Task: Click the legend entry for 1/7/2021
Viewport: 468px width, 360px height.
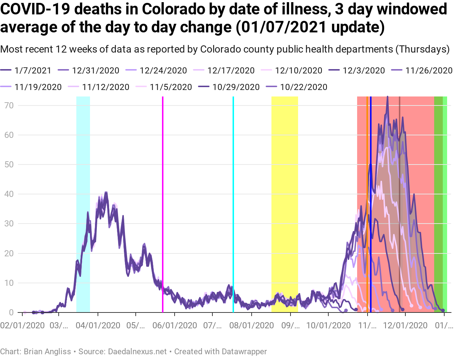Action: pos(33,71)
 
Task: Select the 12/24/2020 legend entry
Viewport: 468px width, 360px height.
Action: pos(163,71)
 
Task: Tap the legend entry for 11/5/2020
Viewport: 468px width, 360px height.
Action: pos(171,87)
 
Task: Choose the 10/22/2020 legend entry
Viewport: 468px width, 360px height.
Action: pos(303,87)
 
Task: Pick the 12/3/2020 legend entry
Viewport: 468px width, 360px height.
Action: pos(364,71)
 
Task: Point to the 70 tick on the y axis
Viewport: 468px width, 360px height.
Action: pos(9,105)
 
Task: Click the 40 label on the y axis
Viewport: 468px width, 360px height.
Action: pos(9,194)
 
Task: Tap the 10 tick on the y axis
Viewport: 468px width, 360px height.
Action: pos(9,283)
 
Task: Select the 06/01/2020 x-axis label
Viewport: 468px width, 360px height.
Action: pos(175,326)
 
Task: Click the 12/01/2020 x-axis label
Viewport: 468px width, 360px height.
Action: pos(405,326)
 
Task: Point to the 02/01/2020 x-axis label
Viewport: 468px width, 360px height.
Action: pos(22,326)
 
